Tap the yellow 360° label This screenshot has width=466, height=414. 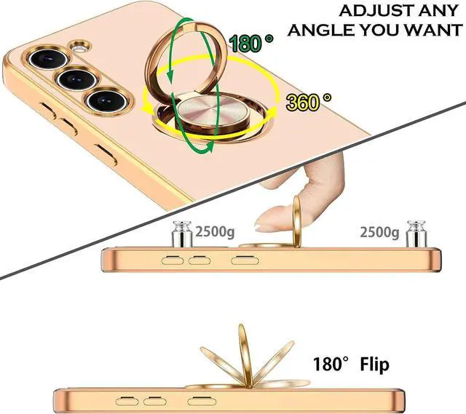click(x=308, y=103)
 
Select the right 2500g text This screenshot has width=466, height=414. click(x=379, y=233)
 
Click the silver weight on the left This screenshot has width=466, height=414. click(x=179, y=235)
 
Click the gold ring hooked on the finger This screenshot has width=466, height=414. click(x=297, y=219)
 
